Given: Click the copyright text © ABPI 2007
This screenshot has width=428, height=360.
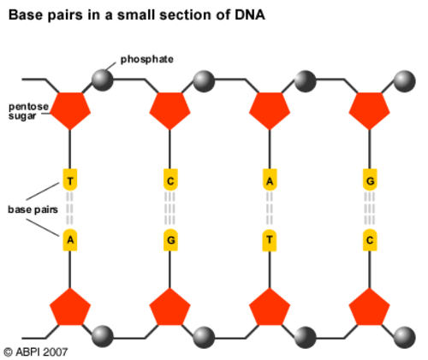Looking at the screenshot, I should click(35, 350).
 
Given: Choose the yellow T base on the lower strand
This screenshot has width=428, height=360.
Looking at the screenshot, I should click(270, 240).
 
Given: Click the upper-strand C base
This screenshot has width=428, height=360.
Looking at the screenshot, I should click(170, 180).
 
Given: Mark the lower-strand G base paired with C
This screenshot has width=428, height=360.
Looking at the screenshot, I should click(170, 240).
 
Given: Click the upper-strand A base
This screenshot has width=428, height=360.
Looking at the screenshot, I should click(270, 180).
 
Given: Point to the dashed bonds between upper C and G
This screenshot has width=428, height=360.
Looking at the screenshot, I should click(170, 210).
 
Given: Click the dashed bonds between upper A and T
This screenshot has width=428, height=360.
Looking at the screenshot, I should click(270, 210).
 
